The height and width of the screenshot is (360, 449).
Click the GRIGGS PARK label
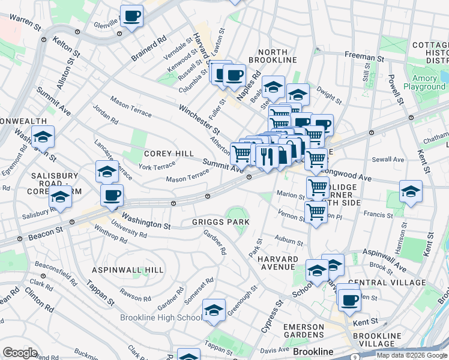coord(220,222)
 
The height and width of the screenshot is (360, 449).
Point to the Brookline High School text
coord(161,317)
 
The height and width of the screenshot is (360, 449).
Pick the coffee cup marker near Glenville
coord(131,16)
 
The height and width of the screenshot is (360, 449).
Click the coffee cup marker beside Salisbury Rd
coord(112,195)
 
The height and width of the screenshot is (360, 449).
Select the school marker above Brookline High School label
coord(214,310)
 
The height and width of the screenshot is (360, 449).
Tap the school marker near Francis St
coord(411,191)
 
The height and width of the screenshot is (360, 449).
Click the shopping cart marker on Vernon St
coord(315,211)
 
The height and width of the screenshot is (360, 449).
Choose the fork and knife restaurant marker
coord(266,156)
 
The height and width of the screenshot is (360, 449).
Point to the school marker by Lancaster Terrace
coord(107,172)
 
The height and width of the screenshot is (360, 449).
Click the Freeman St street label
coord(360,55)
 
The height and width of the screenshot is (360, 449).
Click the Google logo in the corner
coord(20,353)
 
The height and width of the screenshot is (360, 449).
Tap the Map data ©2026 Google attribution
coord(411,355)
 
